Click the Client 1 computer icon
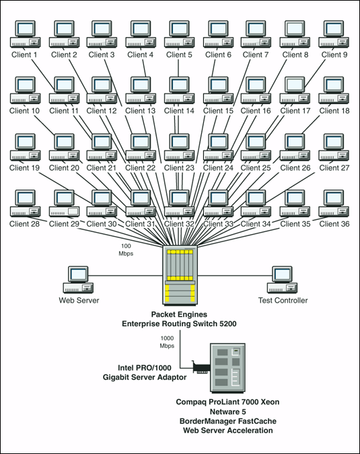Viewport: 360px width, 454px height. coord(26,34)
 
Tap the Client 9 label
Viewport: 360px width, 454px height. coord(334,54)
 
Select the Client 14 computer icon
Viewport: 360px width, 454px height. coord(179,90)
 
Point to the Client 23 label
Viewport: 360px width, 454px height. coord(179,167)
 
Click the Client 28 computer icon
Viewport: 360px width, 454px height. coord(26,203)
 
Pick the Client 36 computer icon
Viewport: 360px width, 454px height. coord(334,203)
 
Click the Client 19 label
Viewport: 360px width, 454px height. coord(24,167)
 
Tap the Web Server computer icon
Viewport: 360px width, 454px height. coord(78,280)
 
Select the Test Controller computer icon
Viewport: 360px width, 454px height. coord(282,280)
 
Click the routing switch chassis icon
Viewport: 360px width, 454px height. coord(180,275)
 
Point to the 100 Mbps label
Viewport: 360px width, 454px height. coord(126,250)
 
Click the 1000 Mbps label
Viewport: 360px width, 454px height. coord(167,342)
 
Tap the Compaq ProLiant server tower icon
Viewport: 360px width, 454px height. coord(229,368)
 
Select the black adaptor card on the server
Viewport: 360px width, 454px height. coord(201,367)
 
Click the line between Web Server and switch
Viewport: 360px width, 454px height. coord(125,276)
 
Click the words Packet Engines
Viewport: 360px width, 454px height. coord(179,314)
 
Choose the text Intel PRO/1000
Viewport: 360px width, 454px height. coord(145,368)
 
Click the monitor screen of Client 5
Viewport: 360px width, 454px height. coord(180,28)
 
